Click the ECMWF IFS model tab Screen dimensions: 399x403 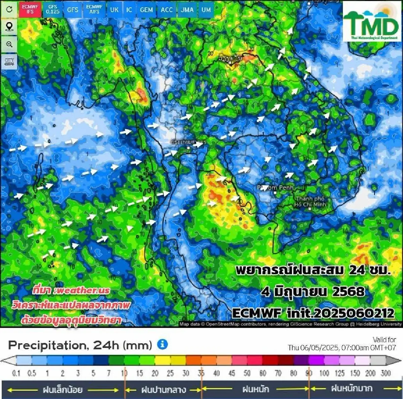[30, 9]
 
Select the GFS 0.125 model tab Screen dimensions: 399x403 [53, 9]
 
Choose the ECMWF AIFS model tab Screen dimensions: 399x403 [94, 9]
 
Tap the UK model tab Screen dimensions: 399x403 [114, 9]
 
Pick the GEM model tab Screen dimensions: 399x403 [146, 9]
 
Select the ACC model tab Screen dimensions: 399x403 [167, 9]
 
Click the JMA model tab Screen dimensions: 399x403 [187, 9]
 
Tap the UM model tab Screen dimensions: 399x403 [206, 9]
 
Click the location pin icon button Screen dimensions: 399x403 [9, 27]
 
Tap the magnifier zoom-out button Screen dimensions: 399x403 [9, 44]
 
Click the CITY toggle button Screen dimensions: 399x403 [9, 62]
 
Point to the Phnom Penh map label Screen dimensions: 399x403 [275, 187]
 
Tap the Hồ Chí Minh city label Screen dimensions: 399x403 [310, 202]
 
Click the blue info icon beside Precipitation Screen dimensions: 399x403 [163, 344]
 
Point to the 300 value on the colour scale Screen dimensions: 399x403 [386, 373]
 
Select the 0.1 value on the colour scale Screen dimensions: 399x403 [16, 373]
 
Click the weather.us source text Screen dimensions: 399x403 [71, 290]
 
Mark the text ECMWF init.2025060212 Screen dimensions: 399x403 [313, 313]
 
